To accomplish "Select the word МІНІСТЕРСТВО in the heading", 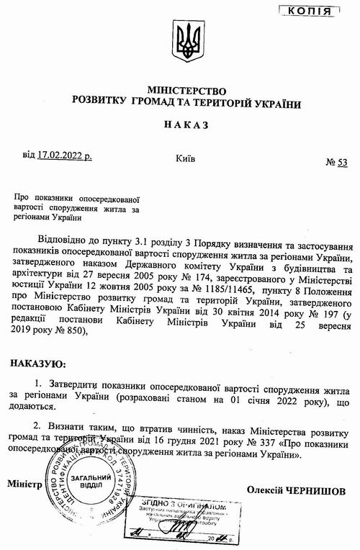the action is [186, 91].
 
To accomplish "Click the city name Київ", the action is [185, 158].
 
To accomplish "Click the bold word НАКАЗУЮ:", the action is [39, 366].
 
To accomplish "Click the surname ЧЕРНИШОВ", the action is [317, 490].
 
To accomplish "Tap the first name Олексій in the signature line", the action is [265, 490].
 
